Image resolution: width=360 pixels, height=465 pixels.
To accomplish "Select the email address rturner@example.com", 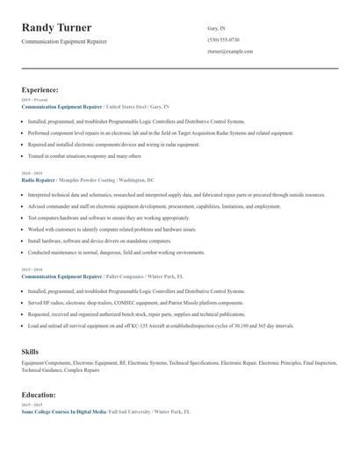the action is point(230,52).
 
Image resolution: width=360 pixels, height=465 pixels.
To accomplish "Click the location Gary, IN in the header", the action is point(217,28).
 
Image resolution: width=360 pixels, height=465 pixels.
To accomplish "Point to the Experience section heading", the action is point(40,89).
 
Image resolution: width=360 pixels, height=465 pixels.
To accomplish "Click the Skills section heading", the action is point(30,351).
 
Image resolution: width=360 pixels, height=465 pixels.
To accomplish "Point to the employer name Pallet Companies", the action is point(126,275).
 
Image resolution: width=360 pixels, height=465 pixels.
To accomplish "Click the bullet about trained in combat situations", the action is point(84,155).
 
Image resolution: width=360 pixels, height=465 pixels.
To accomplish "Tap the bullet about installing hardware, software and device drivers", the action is point(100,240).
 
